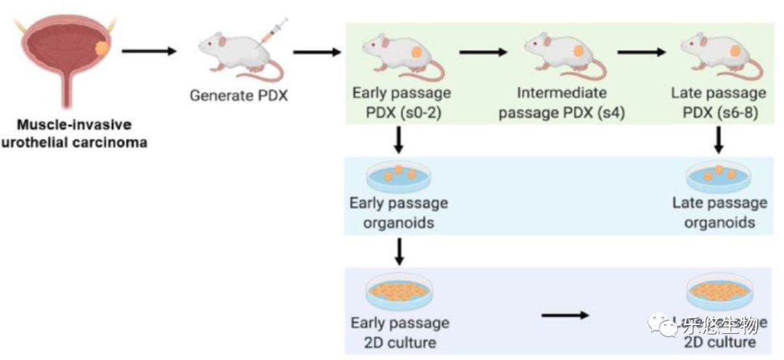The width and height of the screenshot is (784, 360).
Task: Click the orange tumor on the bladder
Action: [104, 50]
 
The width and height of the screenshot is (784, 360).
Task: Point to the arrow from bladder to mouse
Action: [149, 52]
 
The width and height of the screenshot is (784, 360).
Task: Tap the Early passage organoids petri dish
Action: [399, 176]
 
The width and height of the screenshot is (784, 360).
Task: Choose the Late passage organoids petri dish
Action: [719, 176]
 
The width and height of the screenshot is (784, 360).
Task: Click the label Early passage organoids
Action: [399, 213]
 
